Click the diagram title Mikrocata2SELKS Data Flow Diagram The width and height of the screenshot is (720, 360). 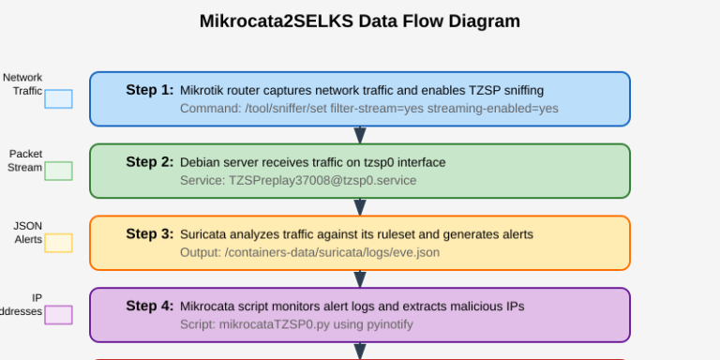(360, 21)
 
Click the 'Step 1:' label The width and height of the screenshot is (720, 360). (150, 90)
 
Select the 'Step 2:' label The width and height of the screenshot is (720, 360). (150, 162)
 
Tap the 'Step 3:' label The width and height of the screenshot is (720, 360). (150, 234)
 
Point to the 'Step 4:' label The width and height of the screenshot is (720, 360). (150, 307)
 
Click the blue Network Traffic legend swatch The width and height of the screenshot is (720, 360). (58, 98)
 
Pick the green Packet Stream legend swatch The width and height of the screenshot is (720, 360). (58, 171)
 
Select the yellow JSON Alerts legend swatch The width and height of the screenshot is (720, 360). (58, 243)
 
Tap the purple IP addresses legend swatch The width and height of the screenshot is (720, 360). (58, 315)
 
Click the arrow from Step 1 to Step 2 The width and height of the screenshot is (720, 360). (360, 135)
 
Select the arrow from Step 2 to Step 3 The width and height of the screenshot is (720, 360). (360, 207)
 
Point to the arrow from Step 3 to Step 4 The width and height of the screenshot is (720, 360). (360, 279)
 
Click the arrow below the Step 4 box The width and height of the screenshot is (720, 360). (360, 351)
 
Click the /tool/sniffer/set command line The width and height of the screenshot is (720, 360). (369, 108)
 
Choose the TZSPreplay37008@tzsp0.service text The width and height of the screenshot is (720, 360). (298, 180)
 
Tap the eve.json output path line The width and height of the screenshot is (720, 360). (309, 252)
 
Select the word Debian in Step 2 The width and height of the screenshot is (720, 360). (201, 162)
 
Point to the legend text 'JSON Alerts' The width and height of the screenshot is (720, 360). (28, 232)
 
